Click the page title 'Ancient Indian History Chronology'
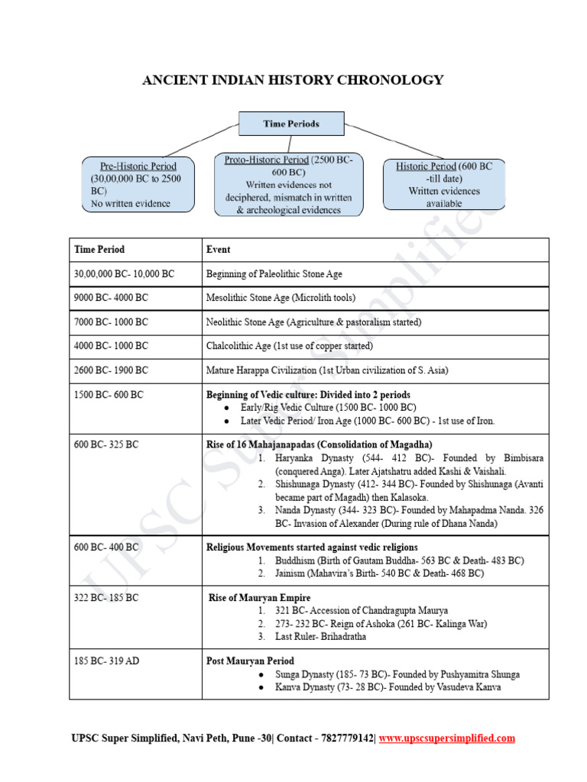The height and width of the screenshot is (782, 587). point(293,80)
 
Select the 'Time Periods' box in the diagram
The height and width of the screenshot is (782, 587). point(291,124)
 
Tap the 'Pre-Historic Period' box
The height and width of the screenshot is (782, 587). point(138,184)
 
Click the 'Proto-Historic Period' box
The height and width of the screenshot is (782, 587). point(289,184)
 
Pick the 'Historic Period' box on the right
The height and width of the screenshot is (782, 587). point(444,184)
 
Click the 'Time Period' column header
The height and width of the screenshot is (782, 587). point(99,250)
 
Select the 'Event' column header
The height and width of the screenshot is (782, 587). point(219,250)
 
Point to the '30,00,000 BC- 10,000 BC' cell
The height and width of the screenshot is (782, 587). point(124,273)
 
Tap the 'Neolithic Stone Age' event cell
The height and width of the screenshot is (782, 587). point(313,322)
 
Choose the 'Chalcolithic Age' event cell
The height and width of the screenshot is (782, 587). point(290,346)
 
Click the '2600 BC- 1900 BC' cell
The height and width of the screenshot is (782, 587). point(111,370)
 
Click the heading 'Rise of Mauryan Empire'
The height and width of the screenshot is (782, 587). point(260,597)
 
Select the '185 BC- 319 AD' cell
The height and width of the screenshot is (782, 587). point(107,661)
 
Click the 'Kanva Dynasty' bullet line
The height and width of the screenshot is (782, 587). point(388,687)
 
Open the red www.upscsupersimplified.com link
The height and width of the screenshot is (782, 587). point(447,738)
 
